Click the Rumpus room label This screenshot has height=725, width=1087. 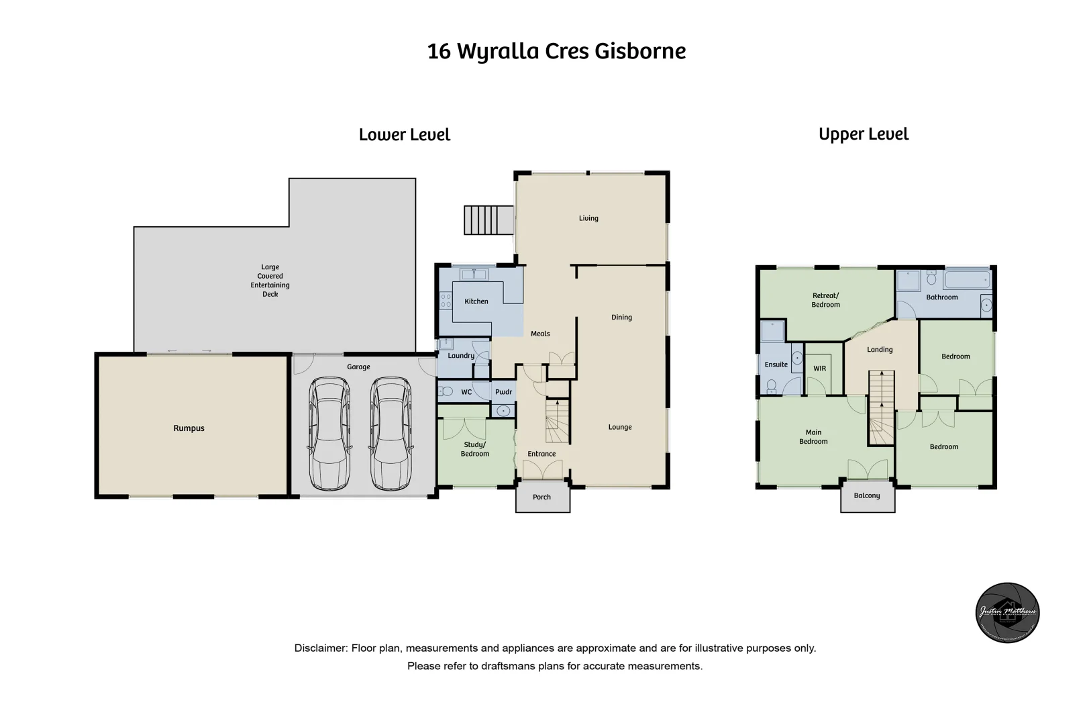[189, 428]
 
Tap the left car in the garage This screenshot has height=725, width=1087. [329, 434]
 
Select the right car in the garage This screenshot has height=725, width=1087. [391, 434]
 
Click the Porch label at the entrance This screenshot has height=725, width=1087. [541, 497]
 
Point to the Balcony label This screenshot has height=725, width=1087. [867, 496]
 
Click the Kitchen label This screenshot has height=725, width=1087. [476, 301]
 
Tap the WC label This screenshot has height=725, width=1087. [466, 392]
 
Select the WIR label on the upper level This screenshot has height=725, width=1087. [820, 369]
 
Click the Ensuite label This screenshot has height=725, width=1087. [776, 365]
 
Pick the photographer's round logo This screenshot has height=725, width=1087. [1007, 612]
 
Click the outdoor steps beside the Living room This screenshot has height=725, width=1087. [488, 220]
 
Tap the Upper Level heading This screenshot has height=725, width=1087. [864, 134]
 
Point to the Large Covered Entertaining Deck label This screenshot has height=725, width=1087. [270, 281]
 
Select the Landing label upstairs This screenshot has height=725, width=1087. [880, 350]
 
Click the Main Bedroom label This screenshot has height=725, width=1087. [813, 437]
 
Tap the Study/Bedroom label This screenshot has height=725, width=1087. [475, 449]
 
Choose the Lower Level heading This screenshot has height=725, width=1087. [405, 135]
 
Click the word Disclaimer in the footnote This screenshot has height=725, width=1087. [320, 648]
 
